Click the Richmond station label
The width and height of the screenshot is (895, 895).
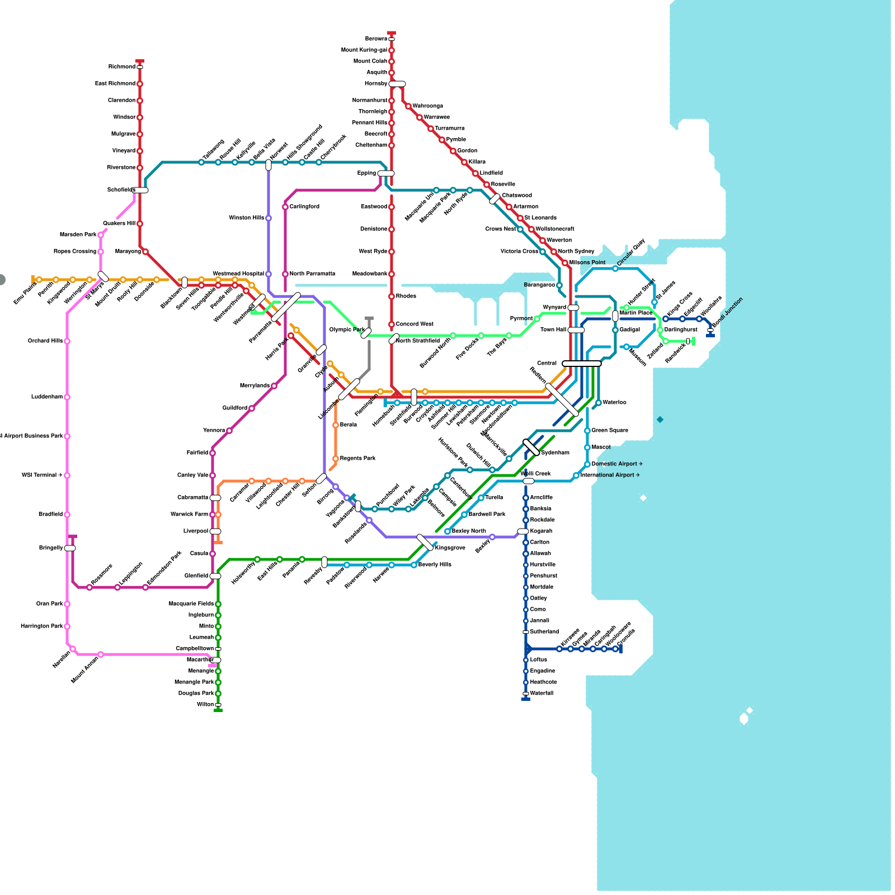(121, 67)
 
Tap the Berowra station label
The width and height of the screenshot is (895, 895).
(376, 39)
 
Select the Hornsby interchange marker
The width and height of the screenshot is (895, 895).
(397, 84)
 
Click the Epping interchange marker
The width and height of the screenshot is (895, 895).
(386, 173)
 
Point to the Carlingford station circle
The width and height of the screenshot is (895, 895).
(285, 207)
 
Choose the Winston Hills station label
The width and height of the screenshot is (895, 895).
(246, 218)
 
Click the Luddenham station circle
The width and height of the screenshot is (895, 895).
(67, 397)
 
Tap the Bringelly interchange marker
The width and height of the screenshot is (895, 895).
(70, 548)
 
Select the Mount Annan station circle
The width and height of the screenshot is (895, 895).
(101, 654)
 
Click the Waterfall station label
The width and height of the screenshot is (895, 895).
(541, 694)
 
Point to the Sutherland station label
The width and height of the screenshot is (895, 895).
(544, 632)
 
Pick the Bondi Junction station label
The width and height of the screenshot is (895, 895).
(728, 313)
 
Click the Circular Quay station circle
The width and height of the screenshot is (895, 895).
(615, 268)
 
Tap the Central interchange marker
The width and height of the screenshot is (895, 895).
(582, 364)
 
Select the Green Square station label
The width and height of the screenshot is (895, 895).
(610, 431)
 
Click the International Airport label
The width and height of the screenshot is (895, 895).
(610, 475)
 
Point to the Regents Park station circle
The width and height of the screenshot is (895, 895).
(336, 459)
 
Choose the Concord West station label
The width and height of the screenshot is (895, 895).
(414, 324)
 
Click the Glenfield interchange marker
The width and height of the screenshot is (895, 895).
(215, 576)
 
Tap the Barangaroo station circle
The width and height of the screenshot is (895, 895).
(559, 285)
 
